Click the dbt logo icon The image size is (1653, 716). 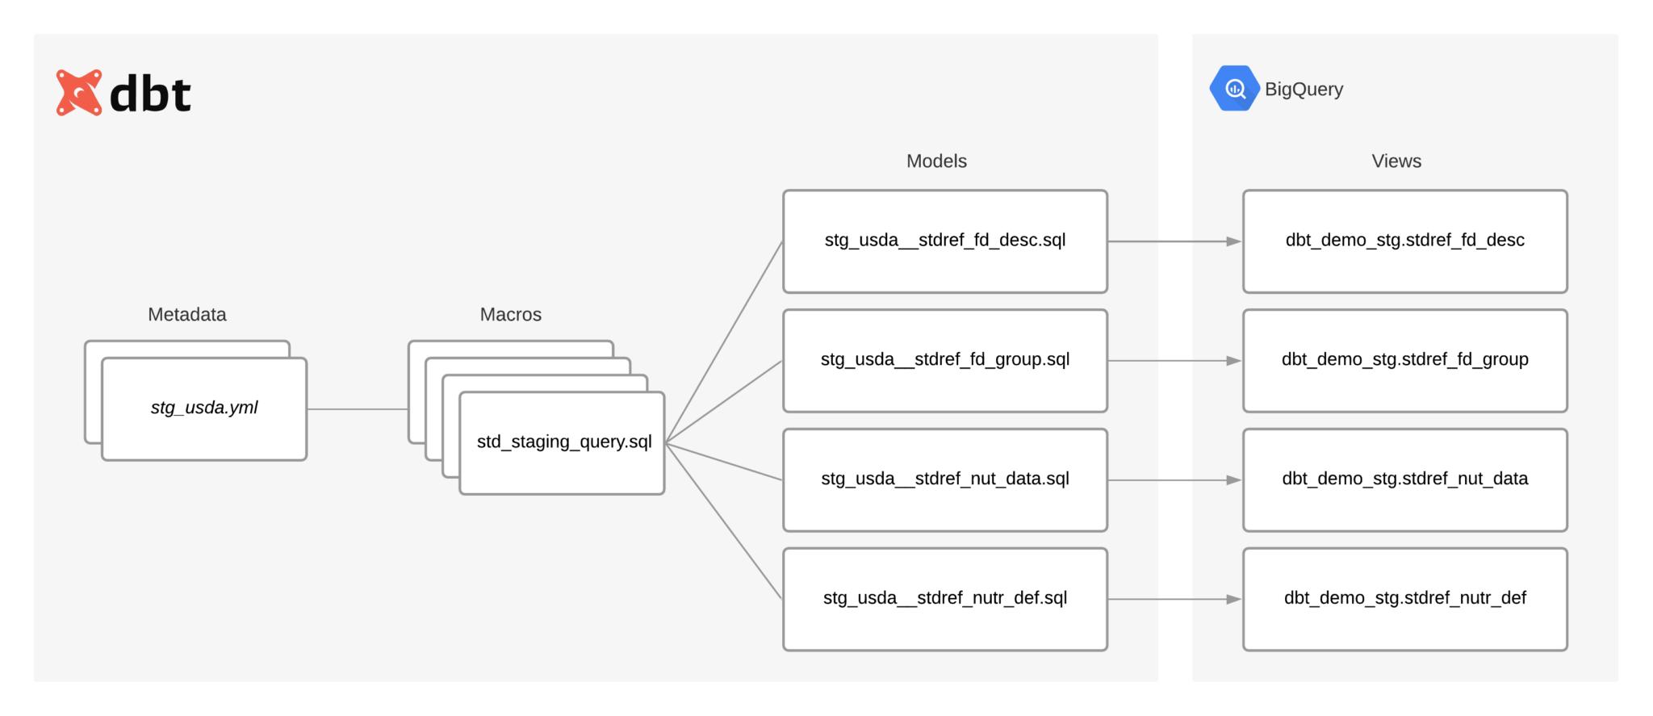click(79, 93)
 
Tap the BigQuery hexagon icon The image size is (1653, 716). click(1233, 89)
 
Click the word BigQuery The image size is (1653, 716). click(1304, 90)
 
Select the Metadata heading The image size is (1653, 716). click(187, 315)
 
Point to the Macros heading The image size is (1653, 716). click(510, 315)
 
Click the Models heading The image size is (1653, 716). click(936, 161)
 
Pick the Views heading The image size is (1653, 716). click(1396, 161)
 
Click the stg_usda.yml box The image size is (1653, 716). click(204, 408)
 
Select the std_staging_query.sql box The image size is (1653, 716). click(563, 442)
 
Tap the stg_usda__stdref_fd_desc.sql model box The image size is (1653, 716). click(944, 241)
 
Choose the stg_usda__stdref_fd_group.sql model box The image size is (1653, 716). click(944, 360)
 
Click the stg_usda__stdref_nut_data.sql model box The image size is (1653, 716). click(944, 479)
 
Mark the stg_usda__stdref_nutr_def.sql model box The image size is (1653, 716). click(944, 599)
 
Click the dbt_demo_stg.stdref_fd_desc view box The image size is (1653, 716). click(1404, 241)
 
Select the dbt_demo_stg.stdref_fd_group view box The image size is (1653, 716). click(1404, 360)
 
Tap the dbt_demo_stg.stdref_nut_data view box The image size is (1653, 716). click(1404, 479)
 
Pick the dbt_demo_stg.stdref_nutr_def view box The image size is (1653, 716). click(1404, 599)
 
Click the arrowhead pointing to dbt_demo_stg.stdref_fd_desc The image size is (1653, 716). click(1233, 241)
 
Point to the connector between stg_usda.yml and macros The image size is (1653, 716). click(358, 409)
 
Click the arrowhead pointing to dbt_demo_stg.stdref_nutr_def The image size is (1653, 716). click(1233, 599)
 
